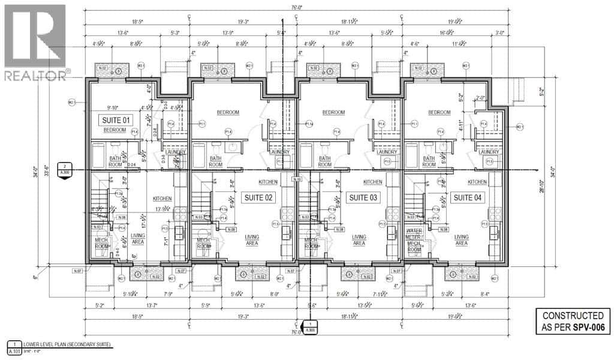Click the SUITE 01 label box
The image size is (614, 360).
point(115,121)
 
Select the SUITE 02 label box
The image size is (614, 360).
point(258,197)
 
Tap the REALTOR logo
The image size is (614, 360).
point(36,42)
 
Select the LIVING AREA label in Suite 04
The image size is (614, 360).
point(462,240)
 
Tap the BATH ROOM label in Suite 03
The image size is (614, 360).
point(324,161)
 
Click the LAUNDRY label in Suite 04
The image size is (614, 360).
point(489,152)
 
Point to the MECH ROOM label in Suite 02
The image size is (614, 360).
point(204,243)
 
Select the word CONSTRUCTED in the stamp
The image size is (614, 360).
point(573,316)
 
